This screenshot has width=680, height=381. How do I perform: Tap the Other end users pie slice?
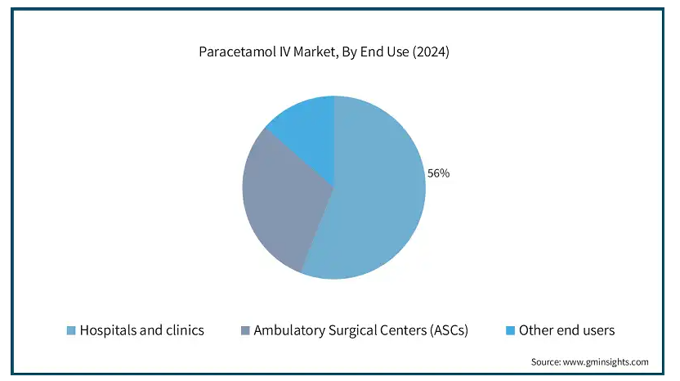coord(308,130)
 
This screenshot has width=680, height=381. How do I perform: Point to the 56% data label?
coord(438,173)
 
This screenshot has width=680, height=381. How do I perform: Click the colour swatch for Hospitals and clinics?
coord(71,330)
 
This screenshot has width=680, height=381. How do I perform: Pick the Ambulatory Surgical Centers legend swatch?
coord(245,330)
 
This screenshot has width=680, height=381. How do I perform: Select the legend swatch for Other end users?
coord(511,330)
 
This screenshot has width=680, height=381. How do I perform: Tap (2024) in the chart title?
coord(431,52)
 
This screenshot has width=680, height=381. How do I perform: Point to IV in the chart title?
coord(283,52)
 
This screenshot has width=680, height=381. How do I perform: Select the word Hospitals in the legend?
coord(108,330)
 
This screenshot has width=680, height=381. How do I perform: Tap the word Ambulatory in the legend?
coord(289,330)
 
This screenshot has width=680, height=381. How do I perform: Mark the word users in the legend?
coord(598,330)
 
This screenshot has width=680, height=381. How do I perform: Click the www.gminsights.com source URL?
coord(606,362)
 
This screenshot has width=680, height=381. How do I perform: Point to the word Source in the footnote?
coord(546,362)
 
